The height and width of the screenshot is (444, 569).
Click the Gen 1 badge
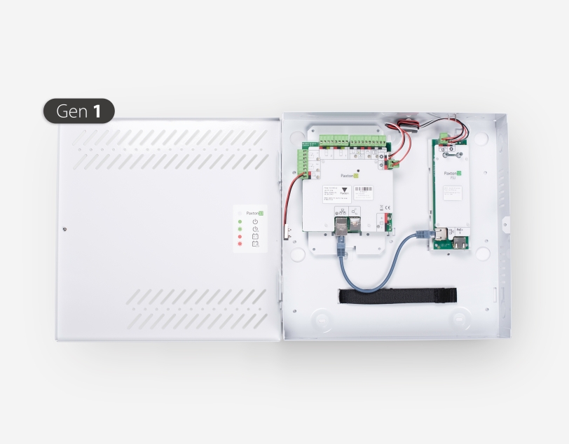pos(78,111)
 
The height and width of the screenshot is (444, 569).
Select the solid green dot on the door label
pos(240,221)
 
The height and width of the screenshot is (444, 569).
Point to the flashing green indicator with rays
pos(240,229)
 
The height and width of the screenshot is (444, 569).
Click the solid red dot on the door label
pos(240,237)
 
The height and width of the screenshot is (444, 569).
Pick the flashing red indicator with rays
pos(240,244)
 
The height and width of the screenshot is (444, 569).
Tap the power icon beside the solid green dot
pos(255,221)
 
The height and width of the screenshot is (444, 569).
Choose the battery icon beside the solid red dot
pos(255,237)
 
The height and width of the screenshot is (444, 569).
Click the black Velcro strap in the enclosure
pos(397,296)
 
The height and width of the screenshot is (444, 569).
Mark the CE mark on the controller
pos(381,207)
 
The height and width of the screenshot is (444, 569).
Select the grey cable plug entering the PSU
pos(423,234)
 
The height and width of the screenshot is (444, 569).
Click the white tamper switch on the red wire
pos(287,231)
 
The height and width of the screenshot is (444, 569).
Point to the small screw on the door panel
pos(64,228)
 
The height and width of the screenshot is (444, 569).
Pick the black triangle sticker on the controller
pos(344,190)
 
